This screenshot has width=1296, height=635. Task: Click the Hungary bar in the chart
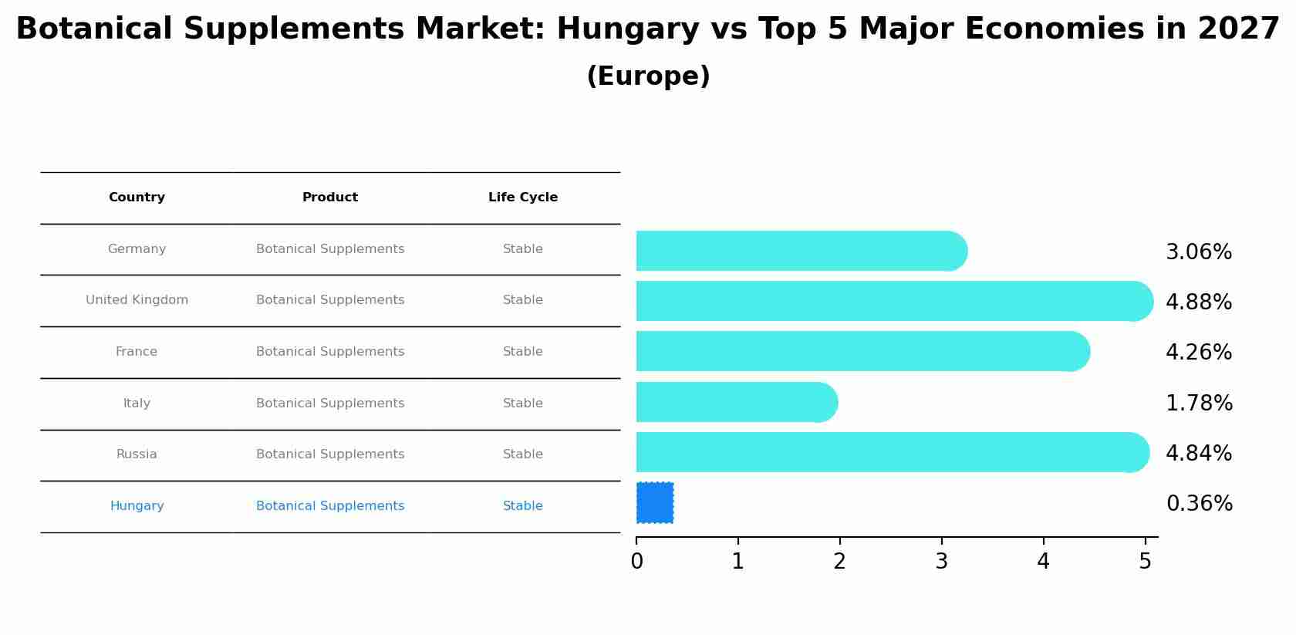655,503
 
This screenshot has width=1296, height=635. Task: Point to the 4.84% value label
1198,454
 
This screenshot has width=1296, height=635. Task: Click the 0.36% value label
1199,504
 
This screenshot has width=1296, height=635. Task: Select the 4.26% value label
1198,353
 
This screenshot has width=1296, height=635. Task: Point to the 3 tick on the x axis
941,561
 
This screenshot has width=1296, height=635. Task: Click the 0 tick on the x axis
636,561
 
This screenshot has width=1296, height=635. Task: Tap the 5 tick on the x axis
1145,561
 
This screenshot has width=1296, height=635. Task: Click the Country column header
137,198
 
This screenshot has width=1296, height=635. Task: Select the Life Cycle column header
522,198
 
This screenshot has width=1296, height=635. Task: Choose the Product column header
329,198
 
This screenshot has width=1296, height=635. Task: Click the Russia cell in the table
137,454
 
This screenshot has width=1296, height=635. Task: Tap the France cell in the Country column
137,352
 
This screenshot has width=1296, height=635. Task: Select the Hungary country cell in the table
137,506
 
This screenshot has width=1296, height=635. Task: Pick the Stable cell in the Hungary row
522,506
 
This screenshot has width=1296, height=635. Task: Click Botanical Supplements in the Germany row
329,249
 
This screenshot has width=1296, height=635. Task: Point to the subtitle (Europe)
648,76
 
